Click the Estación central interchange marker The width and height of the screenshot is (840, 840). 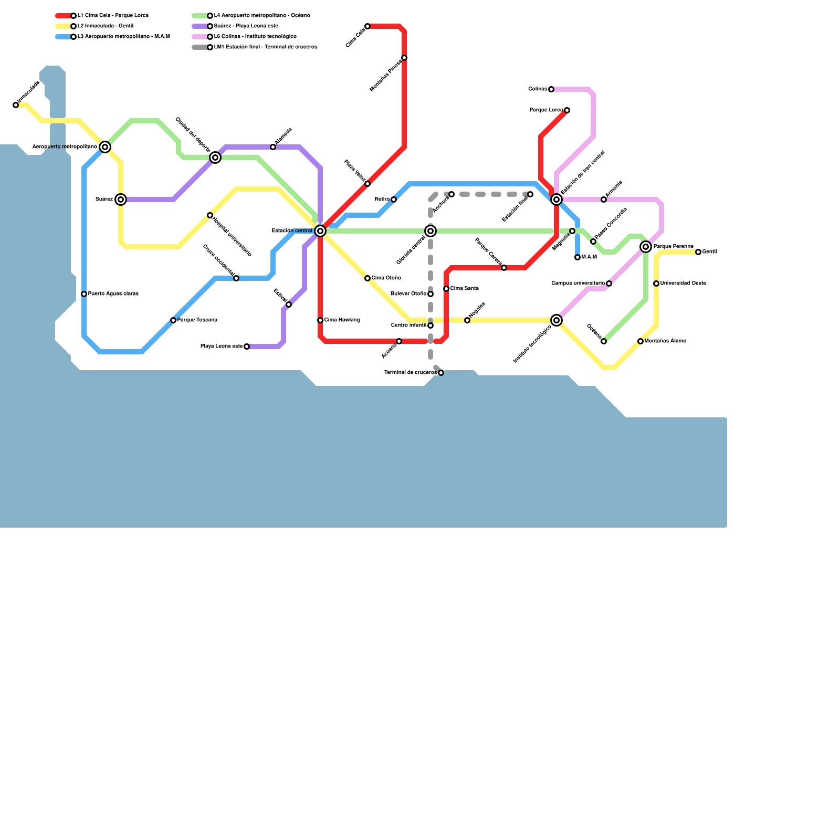coord(320,231)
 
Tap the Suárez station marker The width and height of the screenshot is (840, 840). coord(121,199)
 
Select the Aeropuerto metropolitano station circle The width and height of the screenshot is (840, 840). coord(105,147)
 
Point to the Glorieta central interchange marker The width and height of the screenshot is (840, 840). coord(430,231)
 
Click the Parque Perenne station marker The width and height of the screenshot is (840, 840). coord(646,247)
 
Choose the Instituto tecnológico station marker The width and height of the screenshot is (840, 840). coord(556,320)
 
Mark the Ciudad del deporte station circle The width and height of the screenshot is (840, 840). coord(215,157)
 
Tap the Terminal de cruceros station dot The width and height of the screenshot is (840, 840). coord(441,373)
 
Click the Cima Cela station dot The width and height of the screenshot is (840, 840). coord(367,26)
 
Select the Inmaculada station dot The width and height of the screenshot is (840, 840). coord(16,105)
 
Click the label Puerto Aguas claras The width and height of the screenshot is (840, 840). coord(113,294)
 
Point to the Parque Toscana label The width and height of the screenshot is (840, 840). coord(197,320)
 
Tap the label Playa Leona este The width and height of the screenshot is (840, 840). coord(222,346)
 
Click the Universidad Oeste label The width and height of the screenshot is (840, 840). coord(683,283)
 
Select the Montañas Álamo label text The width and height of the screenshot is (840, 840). coord(665,341)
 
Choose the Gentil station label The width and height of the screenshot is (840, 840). coord(710,252)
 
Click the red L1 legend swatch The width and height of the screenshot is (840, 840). coord(64,16)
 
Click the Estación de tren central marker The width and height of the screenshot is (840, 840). coord(556,199)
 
